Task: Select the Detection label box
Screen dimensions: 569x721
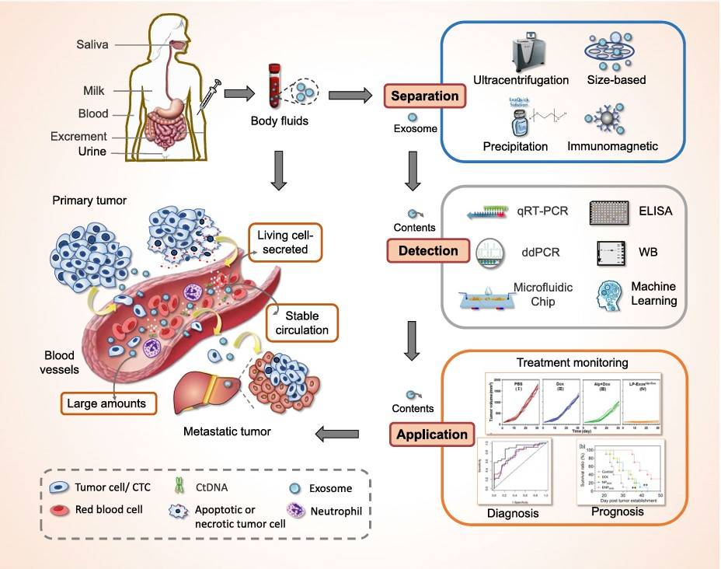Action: tap(427, 251)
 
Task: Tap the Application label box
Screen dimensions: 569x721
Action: tap(432, 434)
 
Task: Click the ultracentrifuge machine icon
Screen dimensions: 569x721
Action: tap(519, 54)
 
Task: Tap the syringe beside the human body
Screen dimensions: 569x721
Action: tap(208, 98)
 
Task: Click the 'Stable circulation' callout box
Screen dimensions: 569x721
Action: tap(302, 323)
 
